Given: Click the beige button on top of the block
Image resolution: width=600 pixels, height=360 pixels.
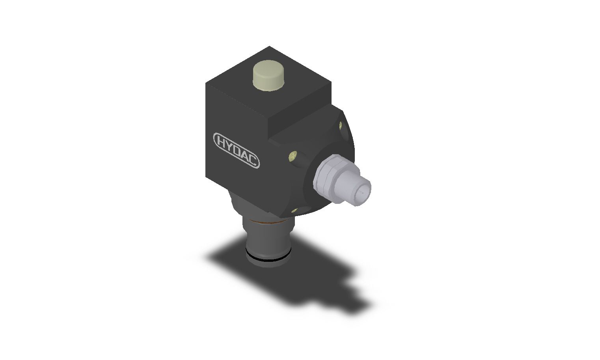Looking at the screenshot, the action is pos(268,76).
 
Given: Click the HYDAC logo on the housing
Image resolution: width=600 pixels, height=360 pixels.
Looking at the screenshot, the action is pos(236,151).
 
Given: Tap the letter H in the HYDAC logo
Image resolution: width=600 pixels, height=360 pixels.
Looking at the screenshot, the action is pos(221,141).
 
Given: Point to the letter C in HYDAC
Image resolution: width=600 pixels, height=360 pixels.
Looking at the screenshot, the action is pos(253,161).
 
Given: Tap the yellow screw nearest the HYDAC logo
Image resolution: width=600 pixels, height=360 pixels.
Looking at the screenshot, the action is pos(293,156).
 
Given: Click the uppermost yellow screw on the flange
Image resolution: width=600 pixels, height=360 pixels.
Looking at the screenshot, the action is pos(341,125).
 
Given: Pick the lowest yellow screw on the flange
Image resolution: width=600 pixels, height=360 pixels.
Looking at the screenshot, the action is pos(294,211).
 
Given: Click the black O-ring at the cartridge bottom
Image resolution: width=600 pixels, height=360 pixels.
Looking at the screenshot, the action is pos(268,259).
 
